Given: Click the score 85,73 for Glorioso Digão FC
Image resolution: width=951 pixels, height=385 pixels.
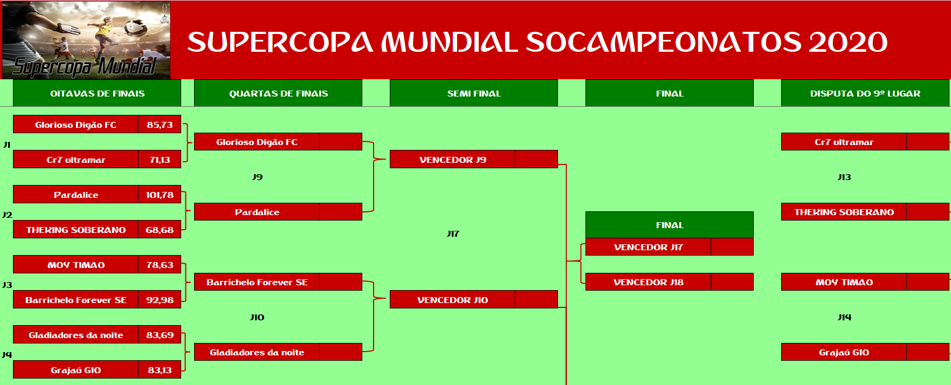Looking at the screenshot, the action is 160,125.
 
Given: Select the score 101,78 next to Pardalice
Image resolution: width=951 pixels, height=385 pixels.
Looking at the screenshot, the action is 160,195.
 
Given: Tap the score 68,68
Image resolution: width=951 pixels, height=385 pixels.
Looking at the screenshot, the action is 160,230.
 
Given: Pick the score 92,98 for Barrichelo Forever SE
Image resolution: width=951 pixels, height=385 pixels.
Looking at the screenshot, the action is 160,300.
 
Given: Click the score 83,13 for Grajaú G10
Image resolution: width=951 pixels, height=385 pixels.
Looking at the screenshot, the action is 160,370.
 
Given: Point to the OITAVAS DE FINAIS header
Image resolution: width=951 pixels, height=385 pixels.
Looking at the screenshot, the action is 97,93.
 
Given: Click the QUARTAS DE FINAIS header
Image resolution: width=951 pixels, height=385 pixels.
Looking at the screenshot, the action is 278,93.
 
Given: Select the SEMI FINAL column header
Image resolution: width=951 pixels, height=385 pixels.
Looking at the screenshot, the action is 474,93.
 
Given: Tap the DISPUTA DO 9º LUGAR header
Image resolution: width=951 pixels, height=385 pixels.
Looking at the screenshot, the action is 865,93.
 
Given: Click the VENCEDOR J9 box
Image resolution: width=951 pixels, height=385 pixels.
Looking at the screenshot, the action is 474,159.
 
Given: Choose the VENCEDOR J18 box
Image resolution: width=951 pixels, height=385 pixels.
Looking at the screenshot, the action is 670,282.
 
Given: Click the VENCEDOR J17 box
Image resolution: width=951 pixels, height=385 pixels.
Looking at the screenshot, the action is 670,247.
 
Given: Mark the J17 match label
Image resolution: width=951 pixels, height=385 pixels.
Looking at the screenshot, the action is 453,233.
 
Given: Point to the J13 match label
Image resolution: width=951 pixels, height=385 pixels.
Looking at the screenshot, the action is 844,177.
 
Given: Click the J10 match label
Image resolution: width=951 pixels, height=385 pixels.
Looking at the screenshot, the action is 257,317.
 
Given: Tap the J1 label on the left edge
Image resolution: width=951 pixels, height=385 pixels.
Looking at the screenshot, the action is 6,145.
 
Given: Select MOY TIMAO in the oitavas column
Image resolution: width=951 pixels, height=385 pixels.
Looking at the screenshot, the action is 76,265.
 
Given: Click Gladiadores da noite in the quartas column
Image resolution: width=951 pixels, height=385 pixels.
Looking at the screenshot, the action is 257,352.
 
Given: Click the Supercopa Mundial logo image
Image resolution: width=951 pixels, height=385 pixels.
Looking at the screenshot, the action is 86,40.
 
